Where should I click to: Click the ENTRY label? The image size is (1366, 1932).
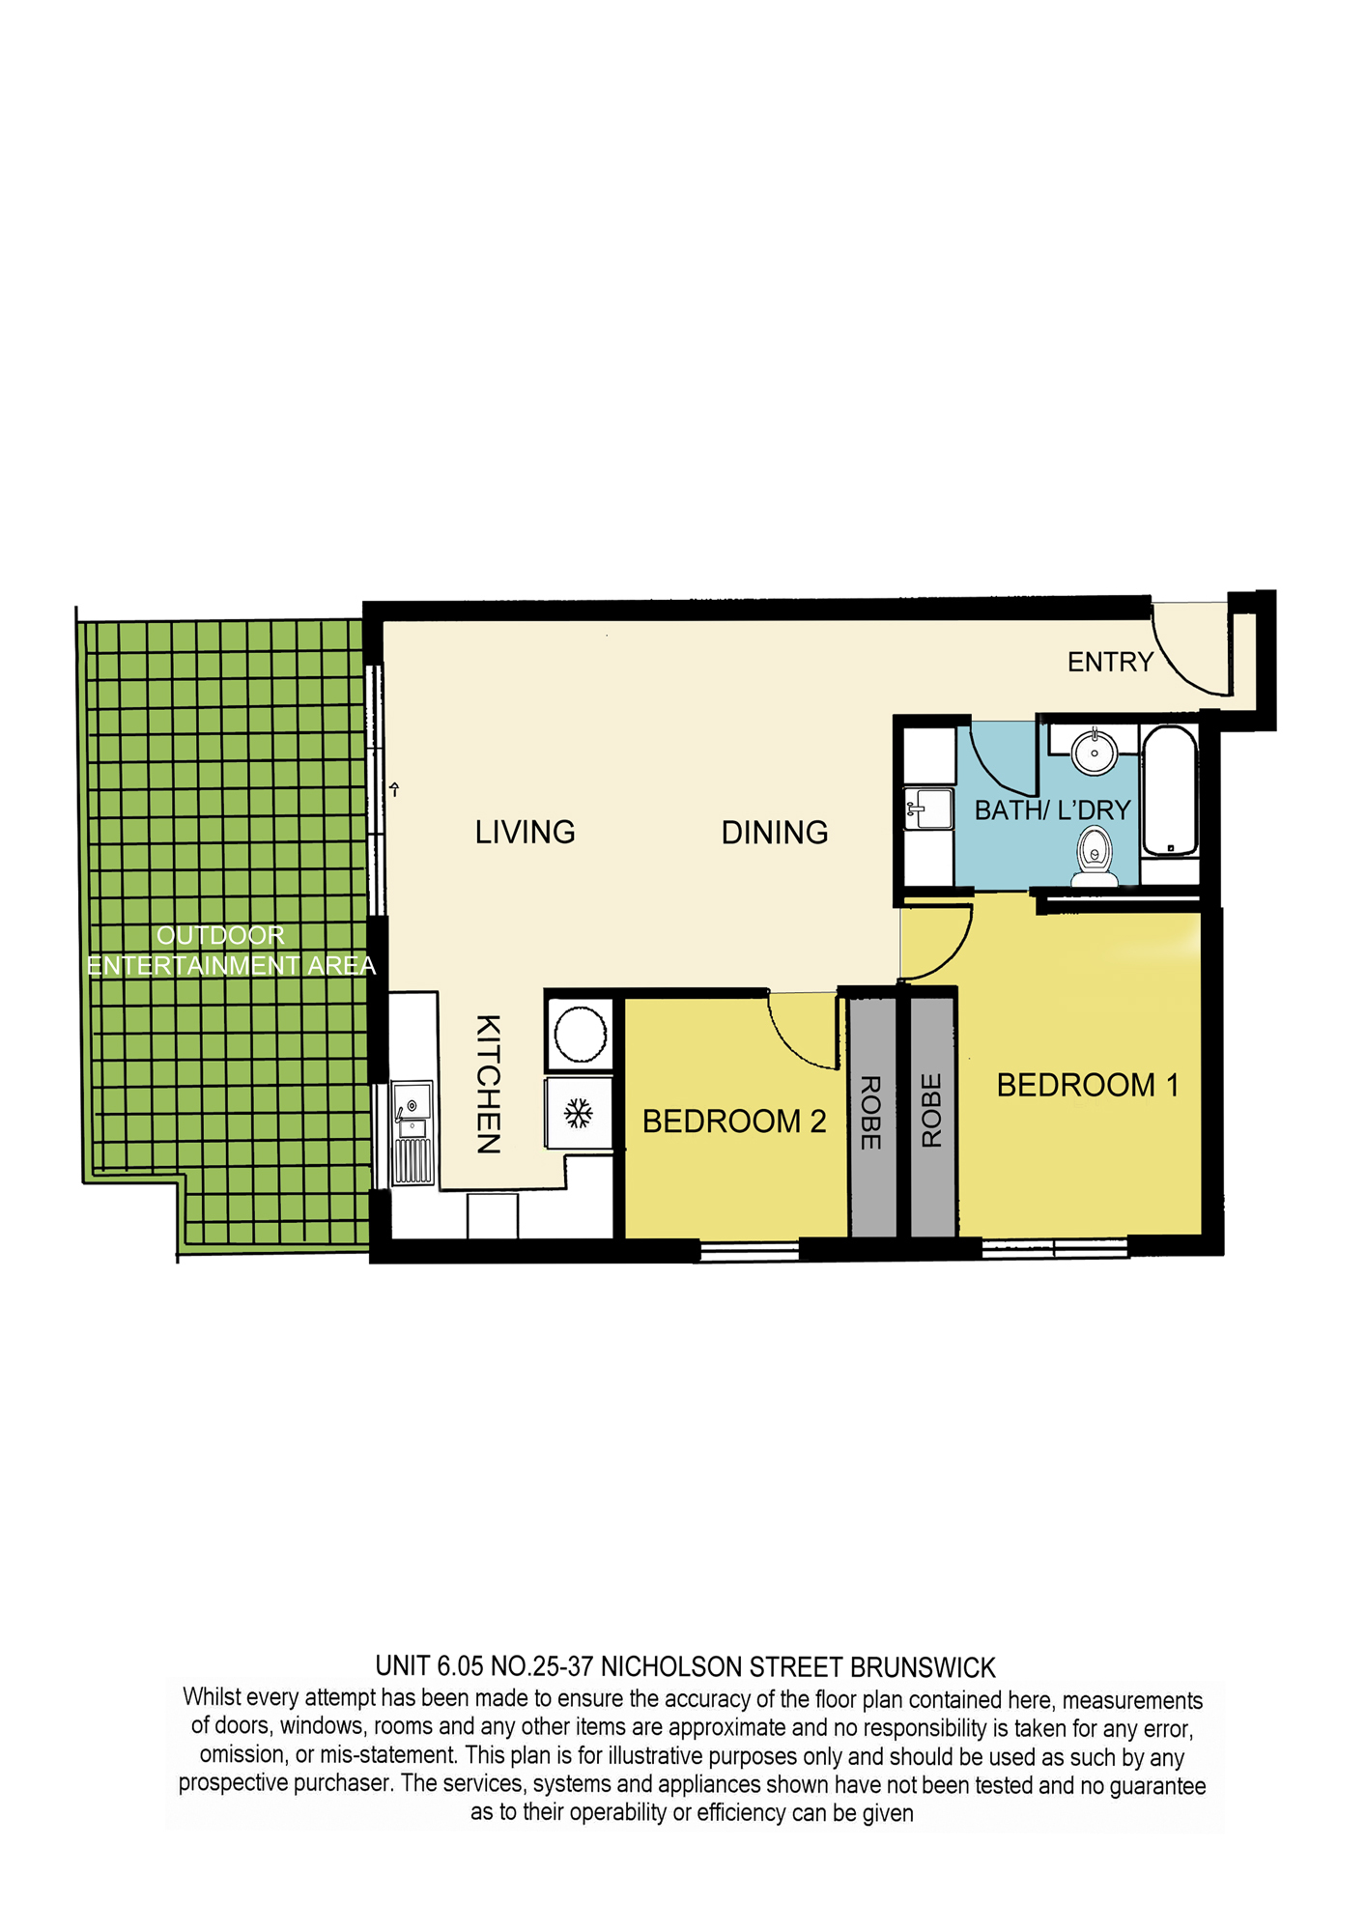[x=1110, y=662]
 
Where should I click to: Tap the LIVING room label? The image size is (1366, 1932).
[x=525, y=832]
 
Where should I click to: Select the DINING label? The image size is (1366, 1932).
[x=775, y=833]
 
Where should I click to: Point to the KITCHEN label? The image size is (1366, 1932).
[x=489, y=1084]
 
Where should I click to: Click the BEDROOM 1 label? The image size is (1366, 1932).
[x=1088, y=1085]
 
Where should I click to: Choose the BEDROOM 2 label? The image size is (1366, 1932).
[x=734, y=1121]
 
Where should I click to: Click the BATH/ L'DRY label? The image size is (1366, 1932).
[x=1052, y=810]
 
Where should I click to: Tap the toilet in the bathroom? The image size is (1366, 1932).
[x=1095, y=857]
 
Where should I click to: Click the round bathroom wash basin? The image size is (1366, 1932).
[x=1095, y=752]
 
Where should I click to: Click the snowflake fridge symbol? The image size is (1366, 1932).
[x=579, y=1113]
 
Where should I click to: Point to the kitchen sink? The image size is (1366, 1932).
[x=413, y=1135]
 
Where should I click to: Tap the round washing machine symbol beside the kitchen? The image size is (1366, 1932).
[x=581, y=1035]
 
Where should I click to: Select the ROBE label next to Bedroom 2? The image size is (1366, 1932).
[x=870, y=1112]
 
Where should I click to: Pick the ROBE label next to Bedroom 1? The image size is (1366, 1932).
[x=931, y=1111]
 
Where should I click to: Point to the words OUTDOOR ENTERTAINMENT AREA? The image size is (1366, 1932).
[x=231, y=951]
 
